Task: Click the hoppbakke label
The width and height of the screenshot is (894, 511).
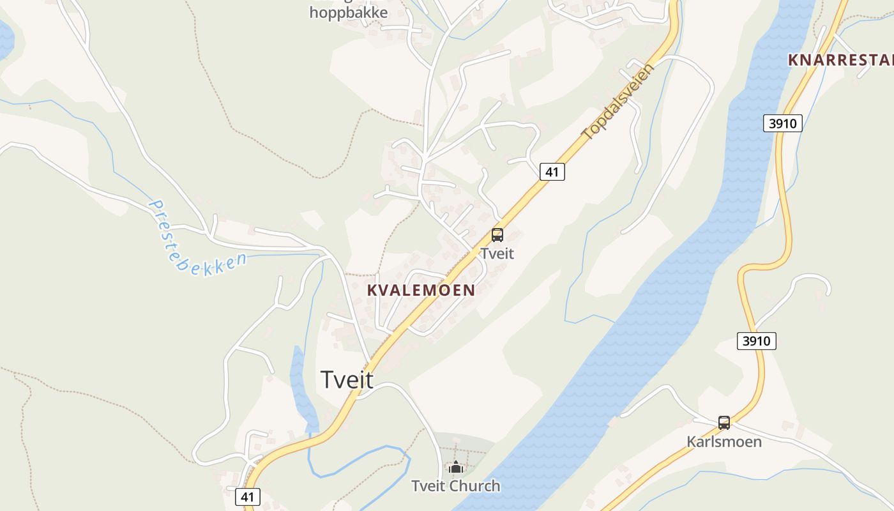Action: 348,13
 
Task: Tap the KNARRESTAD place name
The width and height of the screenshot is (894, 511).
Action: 840,60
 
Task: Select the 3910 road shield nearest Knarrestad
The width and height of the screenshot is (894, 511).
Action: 782,123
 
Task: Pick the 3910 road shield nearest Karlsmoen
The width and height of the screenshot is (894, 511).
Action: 757,341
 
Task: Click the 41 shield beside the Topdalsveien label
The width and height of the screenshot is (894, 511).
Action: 552,171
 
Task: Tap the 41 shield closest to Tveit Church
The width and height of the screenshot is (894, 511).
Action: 248,497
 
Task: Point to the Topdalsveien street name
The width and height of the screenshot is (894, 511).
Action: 618,102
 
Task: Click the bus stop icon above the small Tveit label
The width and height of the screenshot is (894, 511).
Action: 497,235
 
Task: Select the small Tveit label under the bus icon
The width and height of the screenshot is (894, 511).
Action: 497,254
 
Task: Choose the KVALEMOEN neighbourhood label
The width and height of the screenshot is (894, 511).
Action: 421,290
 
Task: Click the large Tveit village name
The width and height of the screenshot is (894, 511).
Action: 347,379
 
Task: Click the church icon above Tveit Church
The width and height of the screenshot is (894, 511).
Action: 455,468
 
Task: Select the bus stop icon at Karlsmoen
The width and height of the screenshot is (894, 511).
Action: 724,422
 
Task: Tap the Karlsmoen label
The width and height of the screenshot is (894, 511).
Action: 724,441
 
